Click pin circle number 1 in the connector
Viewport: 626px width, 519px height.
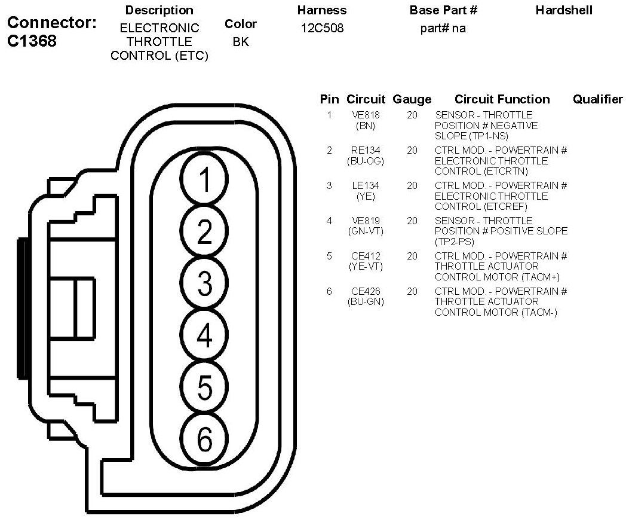(204, 181)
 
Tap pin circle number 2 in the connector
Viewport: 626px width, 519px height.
(204, 231)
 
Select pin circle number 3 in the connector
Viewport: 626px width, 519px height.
(204, 283)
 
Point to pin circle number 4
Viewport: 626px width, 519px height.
(204, 335)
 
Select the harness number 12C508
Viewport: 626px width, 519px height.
(323, 28)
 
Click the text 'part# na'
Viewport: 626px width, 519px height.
(443, 28)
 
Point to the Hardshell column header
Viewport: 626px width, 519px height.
(564, 10)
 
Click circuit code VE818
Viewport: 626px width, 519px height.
(366, 115)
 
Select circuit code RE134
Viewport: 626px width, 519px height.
(366, 150)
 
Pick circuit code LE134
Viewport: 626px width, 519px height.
(366, 185)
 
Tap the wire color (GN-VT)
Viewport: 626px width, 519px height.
(366, 231)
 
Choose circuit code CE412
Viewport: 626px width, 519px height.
(366, 256)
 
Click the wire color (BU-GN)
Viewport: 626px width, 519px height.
(366, 301)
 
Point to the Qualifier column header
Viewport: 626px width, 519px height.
(597, 99)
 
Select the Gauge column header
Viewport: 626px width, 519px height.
(412, 99)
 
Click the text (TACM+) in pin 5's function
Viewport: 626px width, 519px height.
(540, 277)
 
